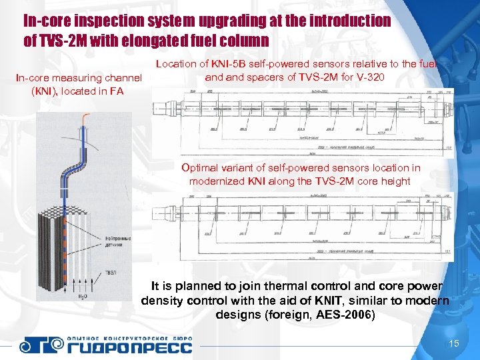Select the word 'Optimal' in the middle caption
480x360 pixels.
(201, 168)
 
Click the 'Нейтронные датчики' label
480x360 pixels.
(116, 241)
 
